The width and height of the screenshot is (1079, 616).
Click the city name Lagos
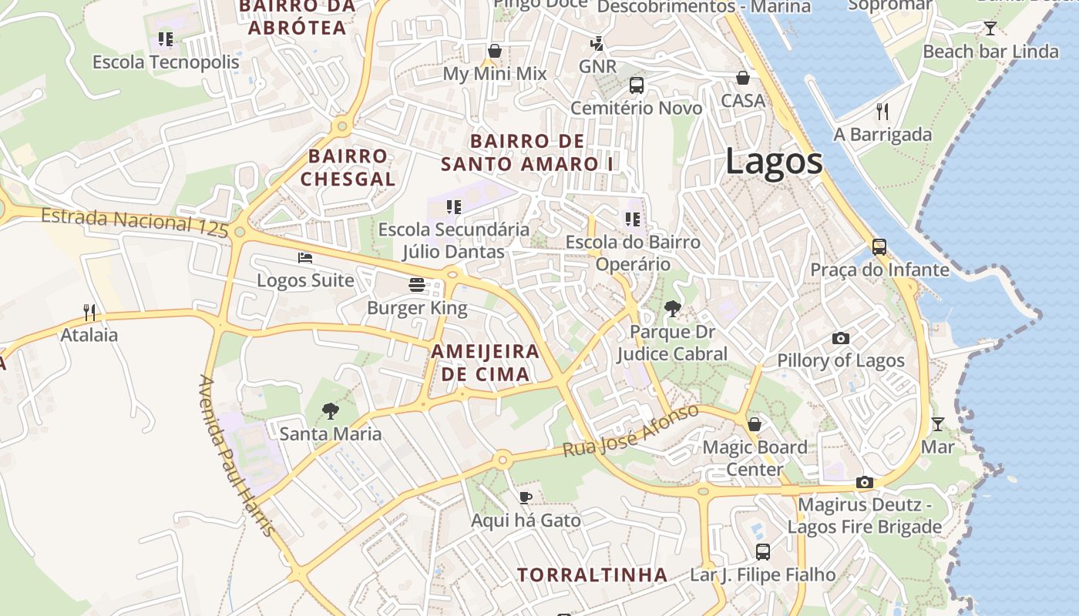pos(774,162)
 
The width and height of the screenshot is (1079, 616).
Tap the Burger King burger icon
pos(417,285)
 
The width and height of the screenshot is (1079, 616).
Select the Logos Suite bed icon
pos(305,257)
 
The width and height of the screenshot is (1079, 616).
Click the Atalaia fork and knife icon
pos(89,312)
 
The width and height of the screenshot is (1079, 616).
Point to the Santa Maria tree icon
pos(331,410)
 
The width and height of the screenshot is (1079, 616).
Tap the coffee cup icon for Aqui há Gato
pos(526,497)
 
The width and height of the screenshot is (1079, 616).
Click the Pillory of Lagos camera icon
pos(841,338)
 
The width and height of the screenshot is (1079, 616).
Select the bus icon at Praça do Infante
pos(879,247)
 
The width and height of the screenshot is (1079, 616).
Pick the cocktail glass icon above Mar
pos(937,424)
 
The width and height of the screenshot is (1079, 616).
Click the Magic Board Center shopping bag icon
pos(755,424)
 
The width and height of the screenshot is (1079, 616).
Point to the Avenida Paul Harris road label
pos(236,454)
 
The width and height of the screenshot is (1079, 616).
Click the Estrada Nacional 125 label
pos(135,222)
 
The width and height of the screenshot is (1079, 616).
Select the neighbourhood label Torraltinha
pos(592,574)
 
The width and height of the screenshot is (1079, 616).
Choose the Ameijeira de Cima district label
pos(485,363)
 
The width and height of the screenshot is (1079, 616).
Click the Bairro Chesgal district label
pos(348,167)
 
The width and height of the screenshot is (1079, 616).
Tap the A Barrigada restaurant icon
pos(882,112)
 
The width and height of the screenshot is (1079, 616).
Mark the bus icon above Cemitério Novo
pos(637,85)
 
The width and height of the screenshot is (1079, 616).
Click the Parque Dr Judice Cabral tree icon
pos(673,309)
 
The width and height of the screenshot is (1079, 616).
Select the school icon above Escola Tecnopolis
pos(166,38)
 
